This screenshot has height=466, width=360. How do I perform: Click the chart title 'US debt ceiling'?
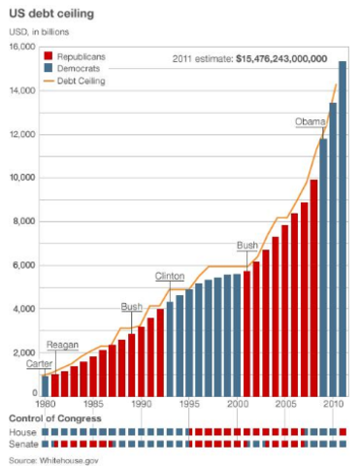[x=48, y=15]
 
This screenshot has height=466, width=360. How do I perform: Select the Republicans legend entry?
[x=93, y=58]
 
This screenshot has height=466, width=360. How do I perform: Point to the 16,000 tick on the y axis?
[x=22, y=48]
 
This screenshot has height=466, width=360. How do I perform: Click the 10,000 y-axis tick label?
[x=22, y=179]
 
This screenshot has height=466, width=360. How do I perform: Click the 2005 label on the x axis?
[x=285, y=403]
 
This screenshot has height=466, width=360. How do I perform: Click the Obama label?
[x=311, y=122]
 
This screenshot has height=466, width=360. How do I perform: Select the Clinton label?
[x=170, y=277]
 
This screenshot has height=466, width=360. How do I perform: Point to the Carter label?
[x=39, y=363]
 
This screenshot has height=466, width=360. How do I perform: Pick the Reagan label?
[x=62, y=346]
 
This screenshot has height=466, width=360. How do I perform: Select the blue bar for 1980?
[x=45, y=384]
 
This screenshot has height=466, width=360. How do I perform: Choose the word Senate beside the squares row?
[x=22, y=443]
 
